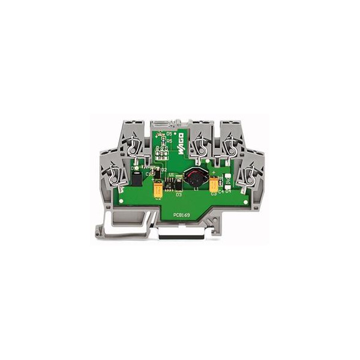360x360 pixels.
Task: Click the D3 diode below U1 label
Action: click(x=178, y=194)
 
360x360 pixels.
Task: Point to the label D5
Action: click(x=169, y=134)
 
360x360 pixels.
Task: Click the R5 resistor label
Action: click(x=169, y=140)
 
